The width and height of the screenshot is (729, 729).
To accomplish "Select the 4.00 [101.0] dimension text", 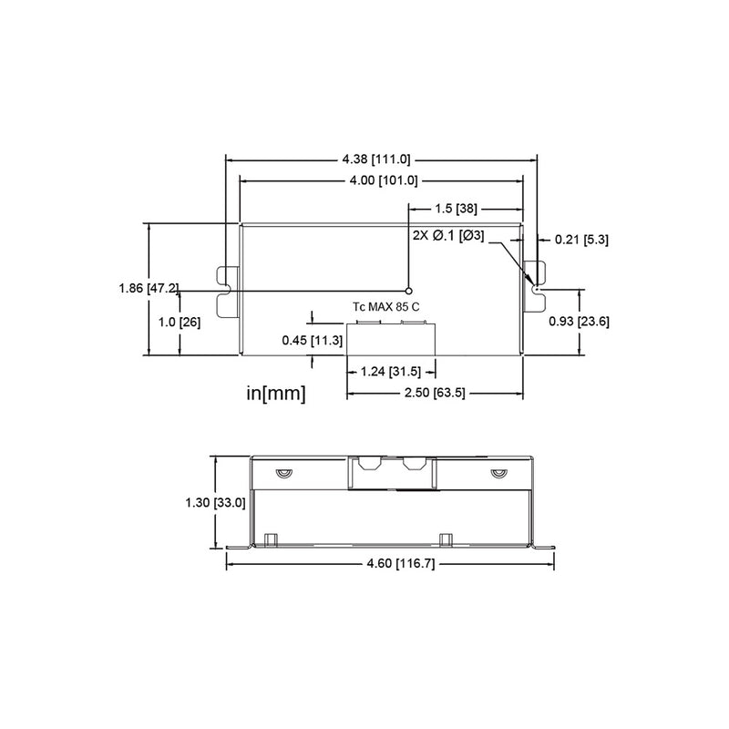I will pyautogui.click(x=383, y=180).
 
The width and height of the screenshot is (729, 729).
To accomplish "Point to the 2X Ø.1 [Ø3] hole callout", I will pyautogui.click(x=447, y=236).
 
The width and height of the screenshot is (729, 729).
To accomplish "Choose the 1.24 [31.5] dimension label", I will pyautogui.click(x=389, y=371).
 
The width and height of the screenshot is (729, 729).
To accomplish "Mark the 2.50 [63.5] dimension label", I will pyautogui.click(x=436, y=395).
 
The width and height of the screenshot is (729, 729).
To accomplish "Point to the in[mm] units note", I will pyautogui.click(x=276, y=394).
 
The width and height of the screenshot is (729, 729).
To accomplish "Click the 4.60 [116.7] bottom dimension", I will pyautogui.click(x=390, y=565).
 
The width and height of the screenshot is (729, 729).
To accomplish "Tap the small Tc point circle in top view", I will pyautogui.click(x=408, y=290).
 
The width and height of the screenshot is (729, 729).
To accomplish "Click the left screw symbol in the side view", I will pyautogui.click(x=282, y=472).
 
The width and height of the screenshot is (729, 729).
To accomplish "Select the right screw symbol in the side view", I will pyautogui.click(x=497, y=472).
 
